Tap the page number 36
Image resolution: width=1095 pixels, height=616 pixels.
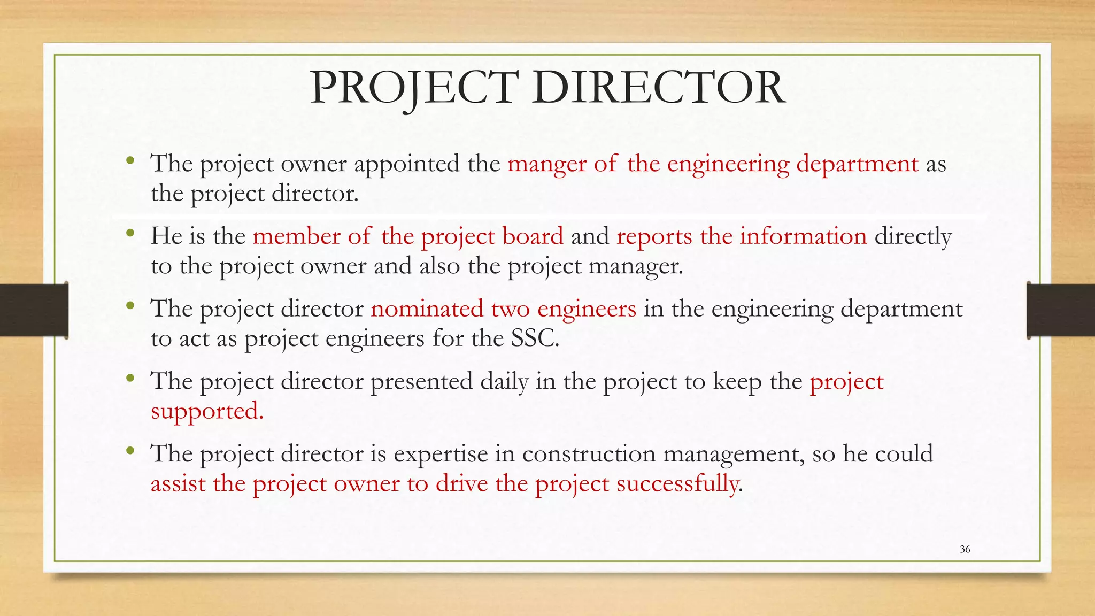click(x=965, y=549)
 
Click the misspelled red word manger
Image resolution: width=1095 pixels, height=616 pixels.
click(x=546, y=164)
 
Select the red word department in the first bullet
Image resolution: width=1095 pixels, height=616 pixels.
click(x=857, y=164)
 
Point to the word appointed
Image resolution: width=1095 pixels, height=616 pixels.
click(x=407, y=164)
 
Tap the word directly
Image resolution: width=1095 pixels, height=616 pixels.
click(x=913, y=236)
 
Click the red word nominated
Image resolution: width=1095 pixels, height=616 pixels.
click(x=427, y=309)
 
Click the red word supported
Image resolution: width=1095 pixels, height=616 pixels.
click(x=206, y=412)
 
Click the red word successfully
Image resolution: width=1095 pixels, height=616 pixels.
click(x=678, y=484)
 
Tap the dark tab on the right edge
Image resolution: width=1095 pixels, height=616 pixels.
click(x=1061, y=310)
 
